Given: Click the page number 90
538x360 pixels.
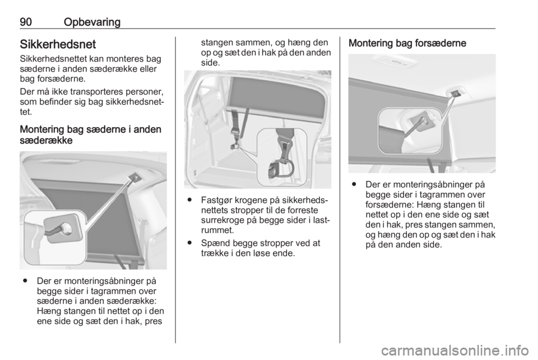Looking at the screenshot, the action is pos(26,22).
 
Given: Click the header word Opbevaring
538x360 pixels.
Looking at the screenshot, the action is pos(92,22).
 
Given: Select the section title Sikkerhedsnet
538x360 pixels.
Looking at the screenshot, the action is pos(58,44).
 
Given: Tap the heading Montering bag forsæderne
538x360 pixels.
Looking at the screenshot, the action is pos(407,44).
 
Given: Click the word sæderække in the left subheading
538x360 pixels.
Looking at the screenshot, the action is pos(46,140).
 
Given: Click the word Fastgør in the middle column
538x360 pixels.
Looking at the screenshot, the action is pos(215,200).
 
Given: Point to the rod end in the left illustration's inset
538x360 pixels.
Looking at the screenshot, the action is pos(64,228).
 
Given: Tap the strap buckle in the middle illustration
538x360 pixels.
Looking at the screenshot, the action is pos(236,131).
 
